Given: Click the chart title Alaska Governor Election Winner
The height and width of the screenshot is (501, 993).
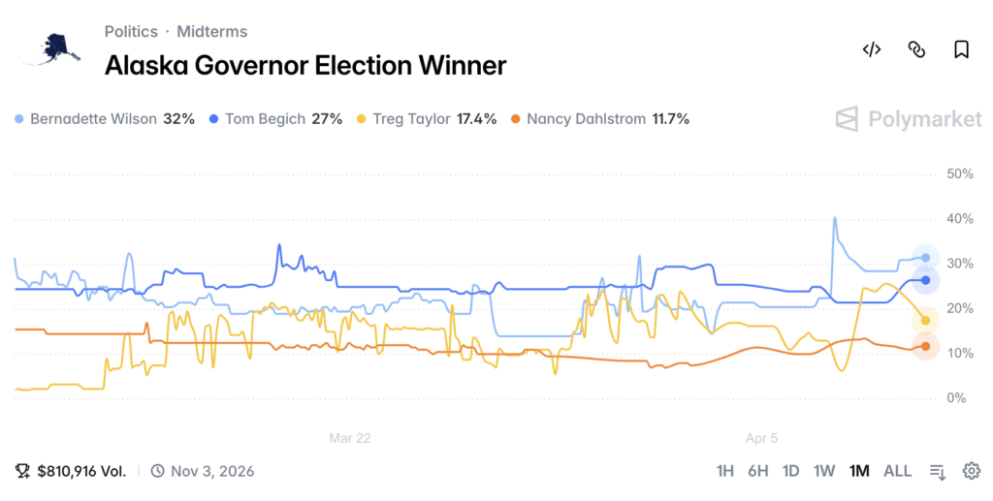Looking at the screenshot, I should coord(304,65).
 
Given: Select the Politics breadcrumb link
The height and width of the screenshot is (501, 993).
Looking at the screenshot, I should coord(131,31).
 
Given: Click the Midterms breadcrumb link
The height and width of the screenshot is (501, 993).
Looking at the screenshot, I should coord(211,31).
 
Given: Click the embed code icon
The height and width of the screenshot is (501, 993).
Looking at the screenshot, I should coord(871,49).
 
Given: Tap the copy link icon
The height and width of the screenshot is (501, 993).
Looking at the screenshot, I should coord(915,49).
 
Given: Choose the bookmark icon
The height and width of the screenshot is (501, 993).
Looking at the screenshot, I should coord(960,49).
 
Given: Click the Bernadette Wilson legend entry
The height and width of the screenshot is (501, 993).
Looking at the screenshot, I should coord(105,119).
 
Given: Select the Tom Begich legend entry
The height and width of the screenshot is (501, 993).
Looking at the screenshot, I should coord(276,119).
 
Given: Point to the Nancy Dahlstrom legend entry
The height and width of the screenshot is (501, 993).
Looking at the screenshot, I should coord(600,119).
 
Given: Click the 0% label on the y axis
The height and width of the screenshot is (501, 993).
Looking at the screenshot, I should coord(956,398).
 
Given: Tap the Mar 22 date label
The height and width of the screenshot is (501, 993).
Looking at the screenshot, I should coord(349,438).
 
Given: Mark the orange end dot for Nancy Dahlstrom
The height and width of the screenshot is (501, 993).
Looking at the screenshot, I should coord(926,346).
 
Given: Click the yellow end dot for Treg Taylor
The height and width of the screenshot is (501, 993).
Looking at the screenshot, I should coord(926,321).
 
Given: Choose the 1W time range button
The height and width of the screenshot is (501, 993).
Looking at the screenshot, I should coord(823,471).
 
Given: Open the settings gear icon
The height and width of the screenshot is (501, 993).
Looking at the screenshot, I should coord(971,471).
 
